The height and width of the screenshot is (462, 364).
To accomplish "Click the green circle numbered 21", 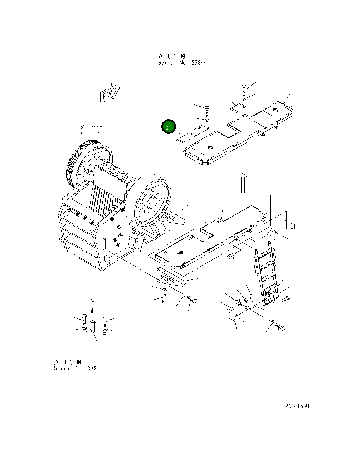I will pyautogui.click(x=169, y=127).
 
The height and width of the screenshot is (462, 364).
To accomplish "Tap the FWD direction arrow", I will pyautogui.click(x=110, y=93).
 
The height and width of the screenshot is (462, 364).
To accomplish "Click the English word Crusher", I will pyautogui.click(x=92, y=133).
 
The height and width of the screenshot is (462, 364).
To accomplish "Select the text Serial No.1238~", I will pyautogui.click(x=182, y=63).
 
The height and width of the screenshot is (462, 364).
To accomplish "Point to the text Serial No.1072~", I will pyautogui.click(x=78, y=369).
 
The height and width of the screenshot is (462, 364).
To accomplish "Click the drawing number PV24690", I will pyautogui.click(x=298, y=406).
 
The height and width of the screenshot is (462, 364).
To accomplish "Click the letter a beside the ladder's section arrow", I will pyautogui.click(x=293, y=225).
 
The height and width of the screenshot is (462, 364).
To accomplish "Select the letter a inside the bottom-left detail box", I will pyautogui.click(x=92, y=302).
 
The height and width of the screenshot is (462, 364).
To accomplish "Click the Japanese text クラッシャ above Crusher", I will pyautogui.click(x=92, y=127).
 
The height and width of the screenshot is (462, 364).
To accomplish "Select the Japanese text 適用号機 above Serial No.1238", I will pyautogui.click(x=172, y=56).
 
